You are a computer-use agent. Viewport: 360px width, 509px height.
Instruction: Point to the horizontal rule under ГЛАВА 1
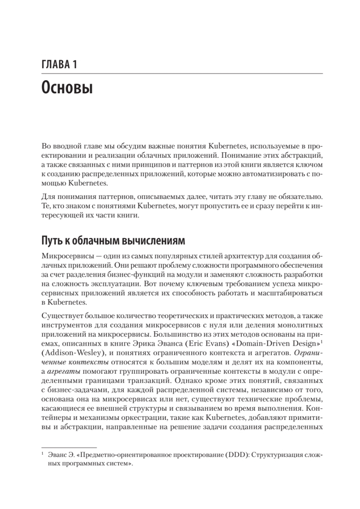click(182, 74)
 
